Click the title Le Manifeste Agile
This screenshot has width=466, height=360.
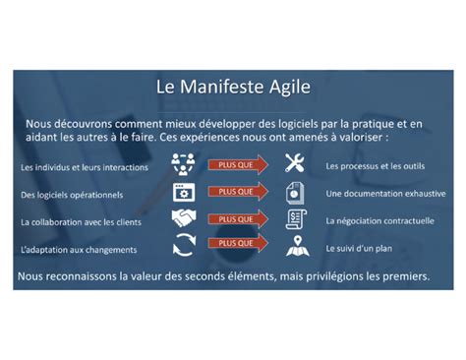click(x=233, y=88)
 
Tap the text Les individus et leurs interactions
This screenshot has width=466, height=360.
click(x=85, y=167)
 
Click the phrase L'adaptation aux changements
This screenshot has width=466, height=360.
click(x=79, y=249)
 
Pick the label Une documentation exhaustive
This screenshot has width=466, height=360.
click(x=382, y=194)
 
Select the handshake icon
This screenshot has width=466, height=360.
click(x=184, y=218)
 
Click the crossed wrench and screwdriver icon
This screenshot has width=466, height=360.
click(x=294, y=164)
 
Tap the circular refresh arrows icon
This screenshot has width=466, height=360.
click(x=184, y=245)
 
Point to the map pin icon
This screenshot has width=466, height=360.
click(x=294, y=246)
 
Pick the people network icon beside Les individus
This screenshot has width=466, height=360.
click(x=184, y=164)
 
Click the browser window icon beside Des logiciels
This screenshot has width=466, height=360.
click(x=184, y=192)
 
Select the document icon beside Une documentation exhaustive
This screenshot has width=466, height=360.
click(x=294, y=192)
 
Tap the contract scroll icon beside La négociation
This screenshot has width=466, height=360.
click(x=294, y=218)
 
